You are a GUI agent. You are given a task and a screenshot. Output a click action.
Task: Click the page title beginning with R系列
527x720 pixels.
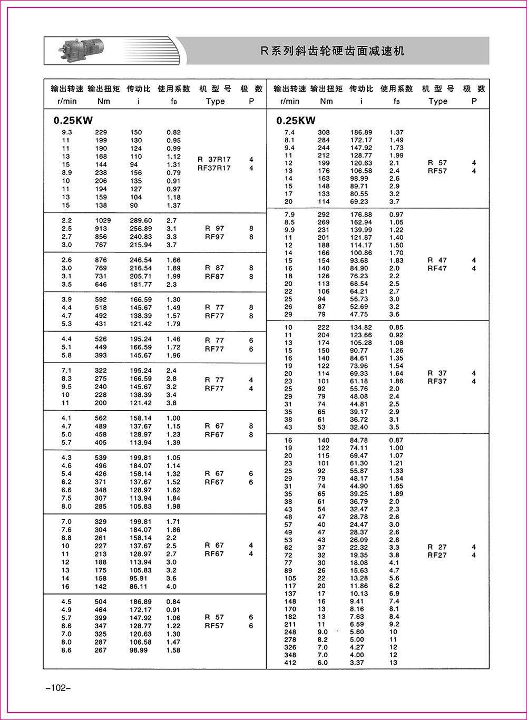(x=333, y=51)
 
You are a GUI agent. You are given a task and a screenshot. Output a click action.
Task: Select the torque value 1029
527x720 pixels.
(x=101, y=220)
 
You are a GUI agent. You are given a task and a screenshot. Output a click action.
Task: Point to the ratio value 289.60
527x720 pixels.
(x=141, y=220)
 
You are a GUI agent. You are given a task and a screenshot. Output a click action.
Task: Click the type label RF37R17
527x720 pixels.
(x=214, y=168)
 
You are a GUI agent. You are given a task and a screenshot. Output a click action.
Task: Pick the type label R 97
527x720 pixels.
(x=214, y=228)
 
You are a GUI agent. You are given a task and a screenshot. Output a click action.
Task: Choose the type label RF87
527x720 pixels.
(x=214, y=276)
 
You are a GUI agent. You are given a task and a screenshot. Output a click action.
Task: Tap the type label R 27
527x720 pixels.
(x=437, y=547)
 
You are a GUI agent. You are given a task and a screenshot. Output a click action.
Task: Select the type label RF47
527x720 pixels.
(x=437, y=268)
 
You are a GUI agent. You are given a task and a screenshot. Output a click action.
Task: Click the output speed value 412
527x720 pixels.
(x=290, y=663)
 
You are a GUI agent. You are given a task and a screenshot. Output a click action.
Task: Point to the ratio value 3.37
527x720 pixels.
(x=357, y=663)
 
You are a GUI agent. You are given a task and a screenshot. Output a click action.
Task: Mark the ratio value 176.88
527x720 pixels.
(x=361, y=215)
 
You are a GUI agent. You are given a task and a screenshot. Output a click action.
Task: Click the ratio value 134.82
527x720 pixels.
(x=361, y=327)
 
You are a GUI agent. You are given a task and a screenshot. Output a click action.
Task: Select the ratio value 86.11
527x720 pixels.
(x=139, y=586)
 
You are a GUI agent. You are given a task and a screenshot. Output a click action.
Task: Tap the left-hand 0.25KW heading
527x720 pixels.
(x=73, y=121)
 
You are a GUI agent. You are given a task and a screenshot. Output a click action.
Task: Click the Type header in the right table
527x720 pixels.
(x=437, y=101)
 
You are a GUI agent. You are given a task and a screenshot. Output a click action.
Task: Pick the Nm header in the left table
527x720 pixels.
(x=104, y=101)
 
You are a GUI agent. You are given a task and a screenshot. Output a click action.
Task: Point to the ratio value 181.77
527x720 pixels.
(x=141, y=284)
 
